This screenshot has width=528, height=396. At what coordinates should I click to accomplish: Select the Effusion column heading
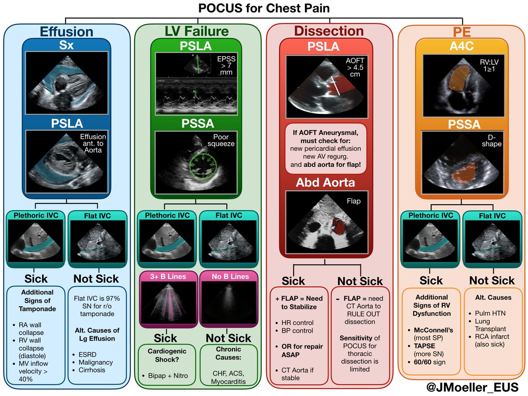[66, 32]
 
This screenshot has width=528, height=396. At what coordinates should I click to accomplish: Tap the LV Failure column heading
[197, 31]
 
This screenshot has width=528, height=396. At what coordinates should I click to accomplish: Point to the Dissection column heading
[329, 31]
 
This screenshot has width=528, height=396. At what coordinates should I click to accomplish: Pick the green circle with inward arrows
[201, 165]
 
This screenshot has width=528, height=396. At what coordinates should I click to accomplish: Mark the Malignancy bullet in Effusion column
[93, 362]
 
